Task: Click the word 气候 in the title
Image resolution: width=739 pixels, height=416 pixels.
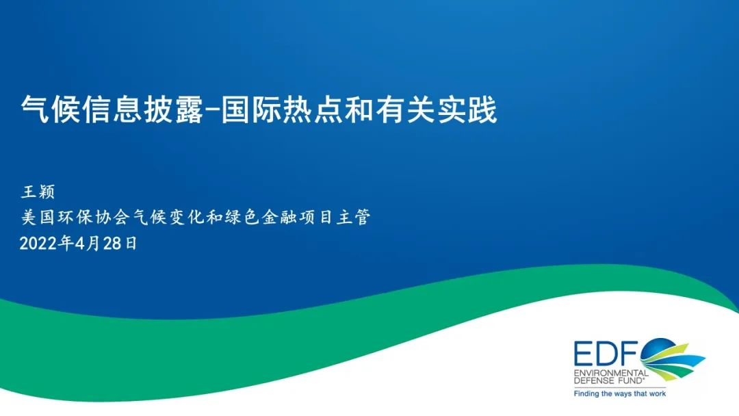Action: coord(51,109)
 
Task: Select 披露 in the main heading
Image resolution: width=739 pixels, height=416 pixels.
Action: coord(173,109)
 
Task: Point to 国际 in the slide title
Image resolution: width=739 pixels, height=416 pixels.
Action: coord(250,109)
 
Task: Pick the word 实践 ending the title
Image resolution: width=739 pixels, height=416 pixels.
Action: coord(467,109)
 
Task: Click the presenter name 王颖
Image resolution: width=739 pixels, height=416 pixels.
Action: coord(38,192)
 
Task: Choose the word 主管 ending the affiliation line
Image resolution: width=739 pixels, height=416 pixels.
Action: coord(354,217)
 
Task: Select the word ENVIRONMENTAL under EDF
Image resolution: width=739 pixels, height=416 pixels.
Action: coord(611,373)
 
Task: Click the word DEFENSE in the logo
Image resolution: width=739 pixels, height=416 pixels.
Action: coord(593,380)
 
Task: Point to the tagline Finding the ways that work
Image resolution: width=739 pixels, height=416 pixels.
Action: coord(620,393)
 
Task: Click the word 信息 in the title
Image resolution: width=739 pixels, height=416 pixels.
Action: coord(112,109)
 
